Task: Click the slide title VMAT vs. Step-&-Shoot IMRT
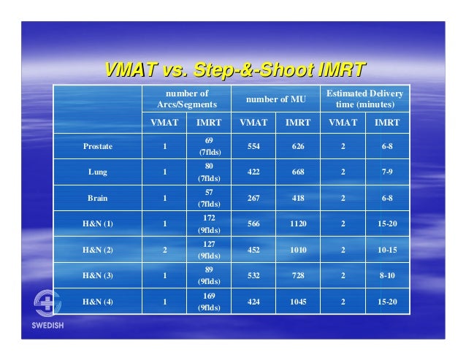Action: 234,69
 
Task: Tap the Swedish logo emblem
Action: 49,304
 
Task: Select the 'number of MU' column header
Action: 276,99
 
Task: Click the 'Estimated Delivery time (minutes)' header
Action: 364,99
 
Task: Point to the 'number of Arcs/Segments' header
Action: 187,99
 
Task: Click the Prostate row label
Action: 97,146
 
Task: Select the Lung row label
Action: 97,172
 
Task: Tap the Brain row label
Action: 97,197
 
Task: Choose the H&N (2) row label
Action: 97,249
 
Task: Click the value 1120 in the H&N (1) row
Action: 298,223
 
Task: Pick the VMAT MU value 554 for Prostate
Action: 253,146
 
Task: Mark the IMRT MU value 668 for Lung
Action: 298,172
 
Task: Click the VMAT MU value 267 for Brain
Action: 253,197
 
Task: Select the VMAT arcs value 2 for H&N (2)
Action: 165,249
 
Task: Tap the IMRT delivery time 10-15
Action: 387,249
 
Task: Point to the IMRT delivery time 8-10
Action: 387,275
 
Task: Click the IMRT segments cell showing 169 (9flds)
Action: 210,301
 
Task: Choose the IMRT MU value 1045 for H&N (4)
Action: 298,301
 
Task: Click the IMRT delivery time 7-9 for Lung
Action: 387,172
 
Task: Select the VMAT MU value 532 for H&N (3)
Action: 253,275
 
